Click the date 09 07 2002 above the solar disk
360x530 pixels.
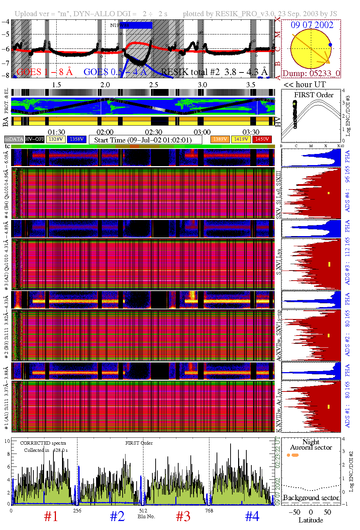[x=312, y=25]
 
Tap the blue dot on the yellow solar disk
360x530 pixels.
[x=330, y=45]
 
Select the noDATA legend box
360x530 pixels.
[x=14, y=139]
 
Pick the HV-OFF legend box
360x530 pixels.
[x=35, y=139]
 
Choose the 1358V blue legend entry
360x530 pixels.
[x=77, y=139]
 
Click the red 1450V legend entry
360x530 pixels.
[x=262, y=139]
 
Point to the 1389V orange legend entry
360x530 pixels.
[x=220, y=139]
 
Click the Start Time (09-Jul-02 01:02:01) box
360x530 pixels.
[x=143, y=140]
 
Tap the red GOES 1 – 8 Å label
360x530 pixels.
[x=44, y=72]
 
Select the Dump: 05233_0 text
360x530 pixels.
[x=311, y=74]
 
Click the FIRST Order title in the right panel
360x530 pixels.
[x=314, y=95]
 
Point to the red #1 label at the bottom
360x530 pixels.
[x=51, y=516]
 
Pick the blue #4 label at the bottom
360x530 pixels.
[x=252, y=516]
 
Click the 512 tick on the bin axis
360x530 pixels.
[x=143, y=511]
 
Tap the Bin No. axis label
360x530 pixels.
[x=146, y=516]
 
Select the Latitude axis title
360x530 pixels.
[x=311, y=520]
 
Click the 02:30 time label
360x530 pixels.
[x=153, y=132]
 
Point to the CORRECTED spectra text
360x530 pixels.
[x=43, y=443]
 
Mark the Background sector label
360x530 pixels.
[x=311, y=498]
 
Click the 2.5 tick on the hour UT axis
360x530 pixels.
[x=153, y=85]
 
